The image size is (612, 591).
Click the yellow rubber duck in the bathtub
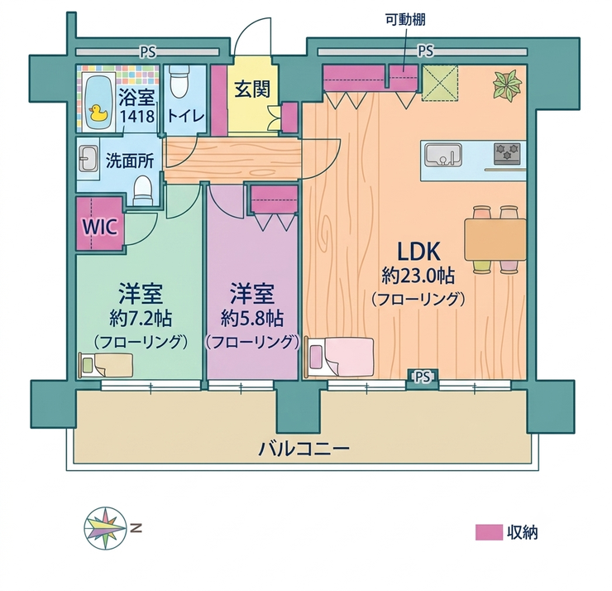(98, 113)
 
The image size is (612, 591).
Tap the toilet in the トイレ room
(179, 81)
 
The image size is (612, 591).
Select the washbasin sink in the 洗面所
(88, 159)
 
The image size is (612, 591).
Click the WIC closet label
(99, 226)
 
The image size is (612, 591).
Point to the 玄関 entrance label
(252, 89)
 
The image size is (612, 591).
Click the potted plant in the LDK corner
(507, 86)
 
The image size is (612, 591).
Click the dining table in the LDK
(495, 239)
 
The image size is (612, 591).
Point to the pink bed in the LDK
(340, 357)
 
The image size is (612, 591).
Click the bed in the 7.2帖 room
(105, 365)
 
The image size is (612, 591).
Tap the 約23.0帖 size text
(418, 276)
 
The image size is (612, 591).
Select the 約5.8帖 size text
(252, 320)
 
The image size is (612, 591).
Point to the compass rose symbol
(105, 529)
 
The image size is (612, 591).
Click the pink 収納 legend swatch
(489, 532)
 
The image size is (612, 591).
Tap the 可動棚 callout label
(405, 20)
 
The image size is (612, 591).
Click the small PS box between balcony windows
(423, 377)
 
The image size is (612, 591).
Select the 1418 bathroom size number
(137, 117)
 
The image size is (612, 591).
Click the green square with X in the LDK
(440, 83)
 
